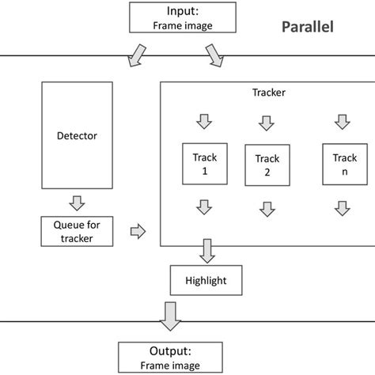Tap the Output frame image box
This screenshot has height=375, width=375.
click(x=171, y=358)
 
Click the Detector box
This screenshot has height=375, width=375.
click(x=78, y=135)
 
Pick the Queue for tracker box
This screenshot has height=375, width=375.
click(x=78, y=230)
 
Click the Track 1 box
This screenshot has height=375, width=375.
click(x=204, y=164)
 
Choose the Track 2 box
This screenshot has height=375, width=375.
click(x=267, y=165)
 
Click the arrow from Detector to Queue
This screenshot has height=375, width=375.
click(x=78, y=203)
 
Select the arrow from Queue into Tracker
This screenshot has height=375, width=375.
click(x=138, y=231)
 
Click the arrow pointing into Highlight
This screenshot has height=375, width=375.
click(x=207, y=252)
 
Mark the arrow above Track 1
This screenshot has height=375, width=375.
click(x=204, y=122)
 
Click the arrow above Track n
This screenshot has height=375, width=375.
click(x=342, y=122)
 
